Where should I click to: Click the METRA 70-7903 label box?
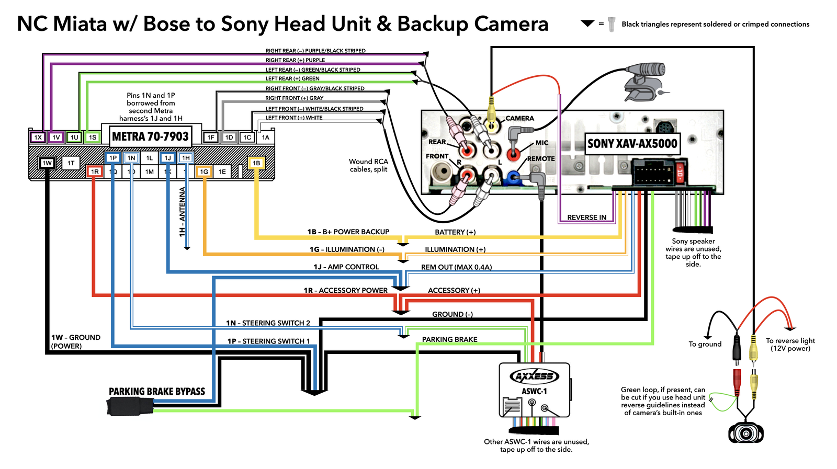coord(150,136)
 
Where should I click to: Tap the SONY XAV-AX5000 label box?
coord(632,144)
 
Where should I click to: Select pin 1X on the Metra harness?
coord(38,138)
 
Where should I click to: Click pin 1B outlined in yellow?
coord(256,163)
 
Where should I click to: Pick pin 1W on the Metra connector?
coord(47,163)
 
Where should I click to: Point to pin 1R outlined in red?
coord(95,171)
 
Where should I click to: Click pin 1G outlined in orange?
coord(203,171)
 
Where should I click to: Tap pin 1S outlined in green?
coord(93,138)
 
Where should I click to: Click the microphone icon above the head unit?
coord(645,82)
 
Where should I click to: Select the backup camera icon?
coord(746,432)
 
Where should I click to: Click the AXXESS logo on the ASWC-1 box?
coord(534,376)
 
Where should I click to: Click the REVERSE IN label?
coord(586,218)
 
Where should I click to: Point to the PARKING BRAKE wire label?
coord(449,339)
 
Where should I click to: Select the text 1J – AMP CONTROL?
coord(346,267)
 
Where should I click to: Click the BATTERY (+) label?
coord(455,232)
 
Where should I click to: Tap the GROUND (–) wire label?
coord(452,314)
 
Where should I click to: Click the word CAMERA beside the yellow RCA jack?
coord(519,118)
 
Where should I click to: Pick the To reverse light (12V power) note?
coord(790,345)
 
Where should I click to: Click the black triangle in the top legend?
coord(587,24)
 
